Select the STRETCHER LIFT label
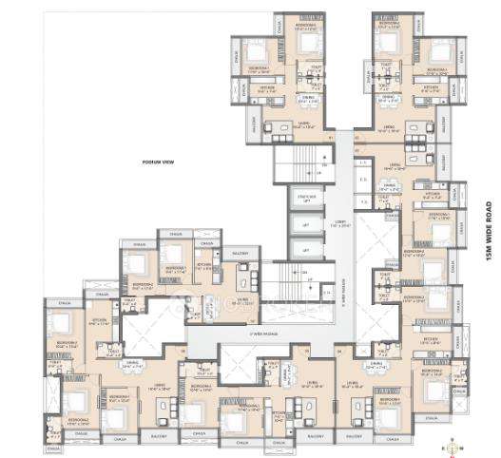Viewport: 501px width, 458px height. click(306, 198)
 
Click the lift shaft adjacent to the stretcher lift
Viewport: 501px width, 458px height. click(306, 224)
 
